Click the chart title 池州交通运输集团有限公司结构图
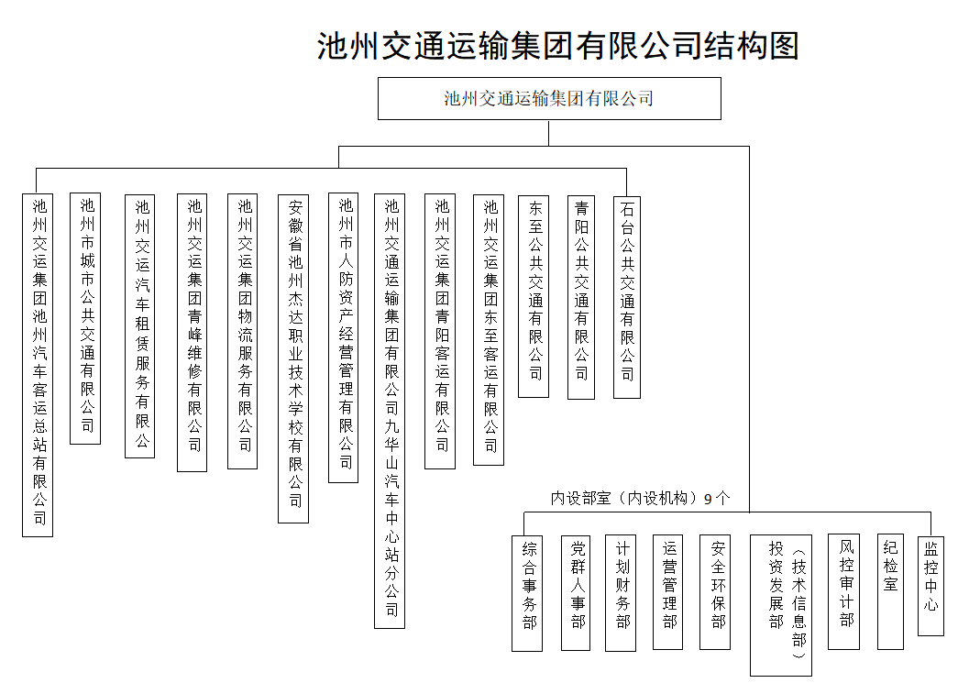558,45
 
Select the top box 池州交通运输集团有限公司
549,98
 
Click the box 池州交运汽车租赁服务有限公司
140,325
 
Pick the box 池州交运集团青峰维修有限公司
193,332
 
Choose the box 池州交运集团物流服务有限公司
243,331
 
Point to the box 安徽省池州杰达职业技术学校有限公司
293,358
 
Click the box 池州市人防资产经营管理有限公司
344,337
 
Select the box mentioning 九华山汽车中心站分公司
390,410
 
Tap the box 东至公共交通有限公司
534,296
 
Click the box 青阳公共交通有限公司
581,297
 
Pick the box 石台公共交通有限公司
627,297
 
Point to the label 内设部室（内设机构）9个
640,499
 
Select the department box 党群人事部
576,592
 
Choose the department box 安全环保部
715,592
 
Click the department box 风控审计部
844,591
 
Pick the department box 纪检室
891,591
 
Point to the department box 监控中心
931,586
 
